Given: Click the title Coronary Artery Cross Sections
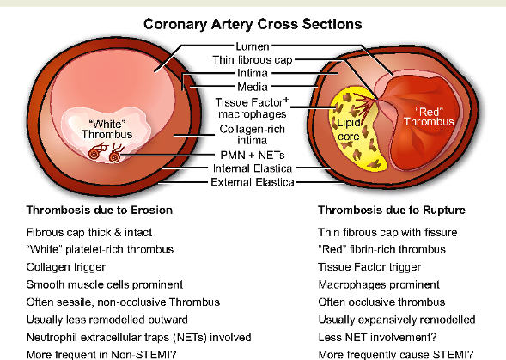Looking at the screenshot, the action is click(x=253, y=25).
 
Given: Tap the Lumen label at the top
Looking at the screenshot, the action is click(x=253, y=46).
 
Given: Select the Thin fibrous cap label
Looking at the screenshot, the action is click(x=253, y=60).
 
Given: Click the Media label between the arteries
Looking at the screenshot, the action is click(x=253, y=87).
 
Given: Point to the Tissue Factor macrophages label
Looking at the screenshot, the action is click(x=252, y=108).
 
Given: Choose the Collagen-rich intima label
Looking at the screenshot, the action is click(x=252, y=135).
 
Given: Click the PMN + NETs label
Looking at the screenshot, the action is click(x=253, y=155).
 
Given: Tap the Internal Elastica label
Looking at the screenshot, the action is click(x=253, y=168).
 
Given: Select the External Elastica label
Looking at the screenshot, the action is click(x=253, y=182).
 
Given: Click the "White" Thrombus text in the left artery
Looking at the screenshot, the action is click(x=107, y=129).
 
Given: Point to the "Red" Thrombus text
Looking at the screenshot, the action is click(x=429, y=117).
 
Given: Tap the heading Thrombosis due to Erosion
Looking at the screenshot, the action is click(x=100, y=211).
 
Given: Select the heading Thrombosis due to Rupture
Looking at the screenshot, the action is click(x=392, y=211).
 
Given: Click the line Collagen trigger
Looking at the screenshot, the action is click(x=66, y=267).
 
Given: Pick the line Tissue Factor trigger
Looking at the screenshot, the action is click(x=369, y=267).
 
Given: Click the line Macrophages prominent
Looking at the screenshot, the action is click(x=379, y=284).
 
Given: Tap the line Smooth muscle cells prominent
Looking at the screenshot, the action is click(x=105, y=284).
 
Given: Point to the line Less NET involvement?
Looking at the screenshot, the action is click(x=377, y=338).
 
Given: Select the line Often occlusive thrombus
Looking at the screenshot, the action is click(x=381, y=302).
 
